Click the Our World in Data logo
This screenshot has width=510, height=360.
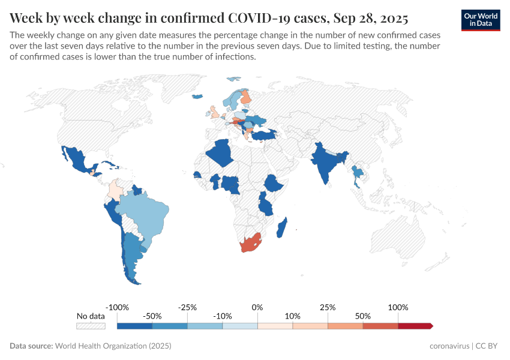pyautogui.click(x=481, y=20)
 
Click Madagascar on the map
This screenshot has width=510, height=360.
pyautogui.click(x=283, y=228)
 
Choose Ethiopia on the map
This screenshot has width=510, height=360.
pyautogui.click(x=273, y=182)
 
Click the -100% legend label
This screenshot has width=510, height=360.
pyautogui.click(x=117, y=307)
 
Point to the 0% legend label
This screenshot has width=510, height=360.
pyautogui.click(x=257, y=307)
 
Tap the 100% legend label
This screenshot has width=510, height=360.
pyautogui.click(x=398, y=307)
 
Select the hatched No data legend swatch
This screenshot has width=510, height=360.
pyautogui.click(x=91, y=326)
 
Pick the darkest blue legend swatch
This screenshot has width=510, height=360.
pyautogui.click(x=134, y=326)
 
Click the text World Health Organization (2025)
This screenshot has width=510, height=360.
pyautogui.click(x=113, y=346)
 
